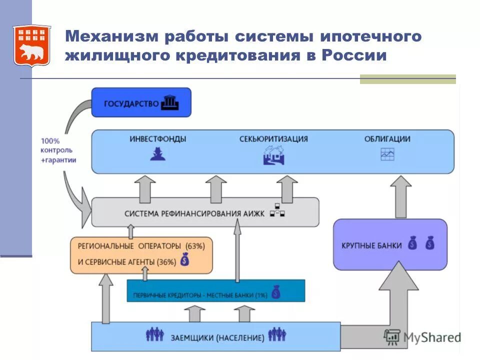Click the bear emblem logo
[x=31, y=45]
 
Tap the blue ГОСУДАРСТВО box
[x=141, y=102]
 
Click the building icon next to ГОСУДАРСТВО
[x=170, y=103]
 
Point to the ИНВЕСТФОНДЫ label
[x=158, y=139]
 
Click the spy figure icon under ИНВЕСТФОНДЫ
[x=157, y=154]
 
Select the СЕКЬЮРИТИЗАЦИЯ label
[x=273, y=139]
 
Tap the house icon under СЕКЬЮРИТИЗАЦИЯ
[x=273, y=155]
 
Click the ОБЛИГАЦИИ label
[x=387, y=139]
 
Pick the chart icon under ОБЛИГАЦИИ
[x=387, y=154]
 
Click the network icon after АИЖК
[x=277, y=211]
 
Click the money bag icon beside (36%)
[x=184, y=260]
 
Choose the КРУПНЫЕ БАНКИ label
[x=371, y=245]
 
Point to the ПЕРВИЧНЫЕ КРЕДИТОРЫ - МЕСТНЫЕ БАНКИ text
[x=200, y=295]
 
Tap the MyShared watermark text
[x=431, y=337]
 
